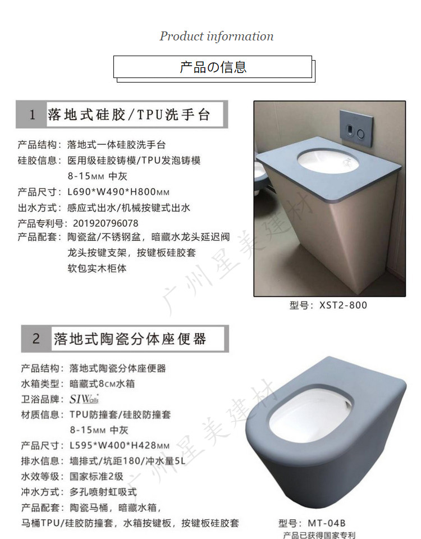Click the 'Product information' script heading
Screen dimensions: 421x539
point(217,36)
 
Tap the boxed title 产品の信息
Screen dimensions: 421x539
point(213,67)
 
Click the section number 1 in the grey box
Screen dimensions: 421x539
point(33,115)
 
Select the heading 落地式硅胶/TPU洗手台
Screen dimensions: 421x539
point(129,115)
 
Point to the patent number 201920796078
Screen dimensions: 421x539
point(106,223)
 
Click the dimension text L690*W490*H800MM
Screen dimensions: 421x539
point(118,192)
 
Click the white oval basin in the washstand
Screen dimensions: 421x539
point(328,161)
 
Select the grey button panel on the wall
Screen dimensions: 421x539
point(355,129)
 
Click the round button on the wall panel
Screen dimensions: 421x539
point(360,134)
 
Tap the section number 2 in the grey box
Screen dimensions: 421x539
point(36,339)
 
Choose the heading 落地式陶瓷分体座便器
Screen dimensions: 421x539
point(130,339)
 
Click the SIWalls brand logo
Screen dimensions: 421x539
point(84,399)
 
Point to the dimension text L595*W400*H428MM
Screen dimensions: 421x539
point(120,445)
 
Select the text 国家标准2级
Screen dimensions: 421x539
point(96,477)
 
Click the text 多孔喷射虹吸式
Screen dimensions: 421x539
point(103,492)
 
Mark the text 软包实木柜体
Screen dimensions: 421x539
point(97,268)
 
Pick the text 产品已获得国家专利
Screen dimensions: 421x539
point(319,535)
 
